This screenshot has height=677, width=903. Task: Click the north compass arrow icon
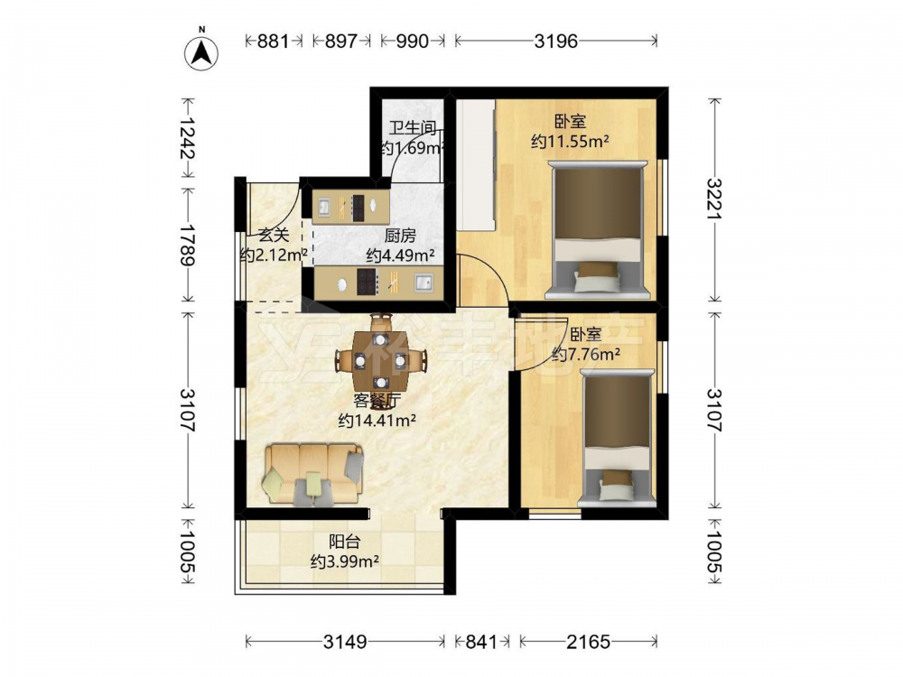tap(201, 53)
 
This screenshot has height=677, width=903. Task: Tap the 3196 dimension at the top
tap(555, 41)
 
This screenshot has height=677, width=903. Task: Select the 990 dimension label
tap(413, 41)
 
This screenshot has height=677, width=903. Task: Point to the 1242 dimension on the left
tap(188, 138)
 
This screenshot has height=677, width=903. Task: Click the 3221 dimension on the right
tap(714, 199)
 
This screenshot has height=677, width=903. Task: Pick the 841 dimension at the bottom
tap(481, 641)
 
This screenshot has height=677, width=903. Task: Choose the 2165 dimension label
tap(588, 641)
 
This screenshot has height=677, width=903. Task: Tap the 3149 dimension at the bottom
tap(345, 641)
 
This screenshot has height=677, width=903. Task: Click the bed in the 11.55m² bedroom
tap(597, 229)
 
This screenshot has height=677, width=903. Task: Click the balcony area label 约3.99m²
tap(344, 561)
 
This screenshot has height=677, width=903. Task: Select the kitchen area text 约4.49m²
tap(400, 255)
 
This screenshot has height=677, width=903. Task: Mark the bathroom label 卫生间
tap(413, 127)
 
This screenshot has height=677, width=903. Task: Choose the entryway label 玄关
tap(273, 235)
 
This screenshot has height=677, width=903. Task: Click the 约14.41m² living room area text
tap(377, 421)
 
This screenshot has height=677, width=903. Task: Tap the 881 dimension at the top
tap(273, 41)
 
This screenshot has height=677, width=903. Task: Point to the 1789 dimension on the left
tap(188, 245)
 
